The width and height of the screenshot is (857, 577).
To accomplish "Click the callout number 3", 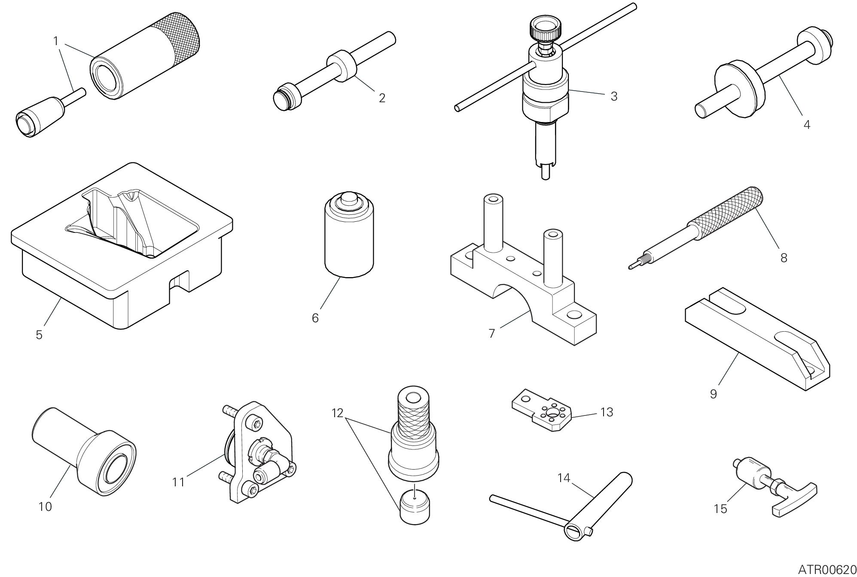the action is click(614, 97).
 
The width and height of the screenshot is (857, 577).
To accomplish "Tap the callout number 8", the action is click(784, 258).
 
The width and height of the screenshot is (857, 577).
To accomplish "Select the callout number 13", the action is click(607, 412).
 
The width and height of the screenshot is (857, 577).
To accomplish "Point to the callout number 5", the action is click(39, 335).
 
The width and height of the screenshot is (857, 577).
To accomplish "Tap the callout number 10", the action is click(45, 507).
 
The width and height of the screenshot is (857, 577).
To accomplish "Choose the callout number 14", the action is click(564, 477).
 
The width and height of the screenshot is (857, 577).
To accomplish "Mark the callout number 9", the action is click(713, 394).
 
